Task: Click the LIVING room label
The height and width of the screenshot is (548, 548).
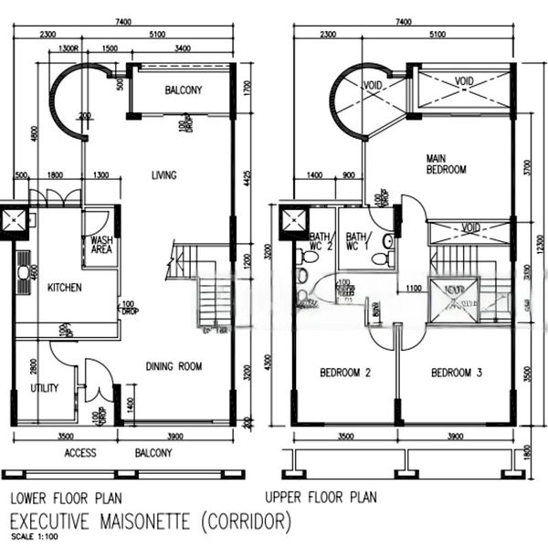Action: click(163, 175)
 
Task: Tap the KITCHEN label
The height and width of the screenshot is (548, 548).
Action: click(64, 288)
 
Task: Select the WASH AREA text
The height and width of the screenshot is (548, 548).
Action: click(100, 248)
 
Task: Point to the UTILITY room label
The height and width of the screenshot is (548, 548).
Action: click(44, 388)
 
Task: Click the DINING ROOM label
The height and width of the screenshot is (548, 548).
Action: click(174, 367)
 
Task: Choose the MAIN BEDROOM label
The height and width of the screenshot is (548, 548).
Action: click(447, 163)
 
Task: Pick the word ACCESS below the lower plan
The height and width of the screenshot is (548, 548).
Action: click(80, 453)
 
